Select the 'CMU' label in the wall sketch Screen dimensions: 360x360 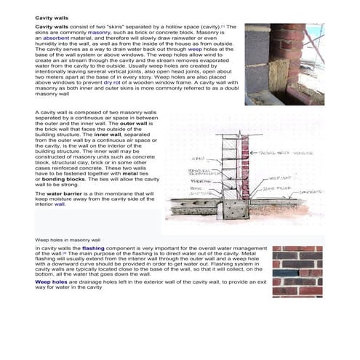[198, 158]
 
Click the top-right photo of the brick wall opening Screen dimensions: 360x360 [273, 64]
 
